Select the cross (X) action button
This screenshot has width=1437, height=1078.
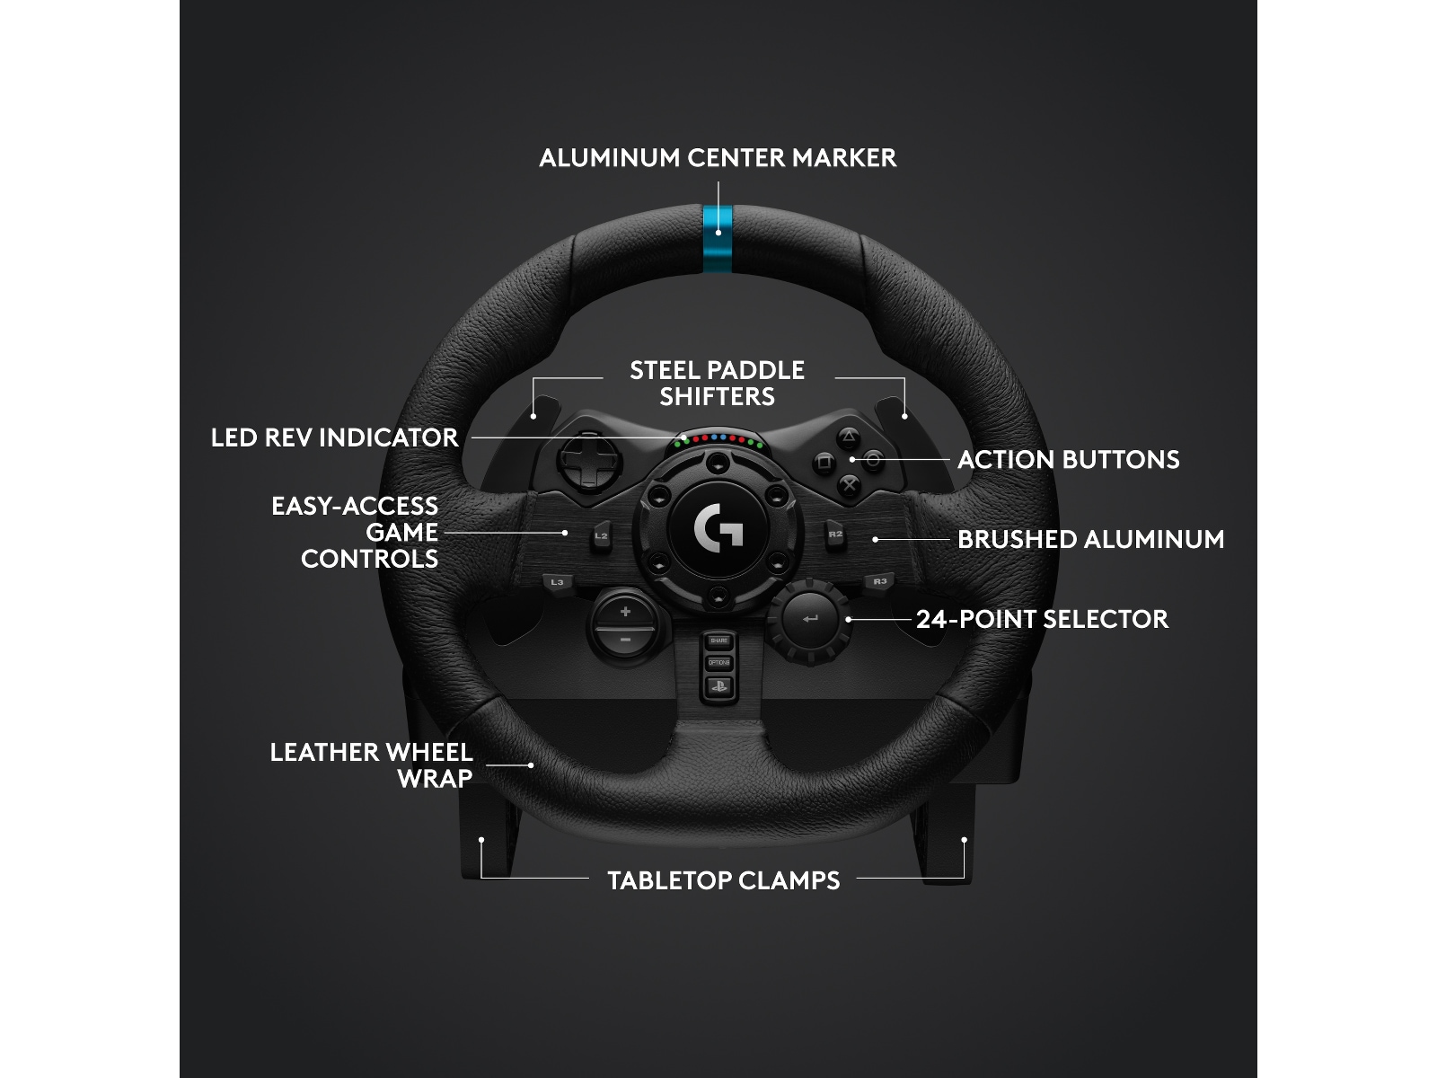[x=848, y=485]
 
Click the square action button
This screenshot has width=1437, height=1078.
[x=824, y=462]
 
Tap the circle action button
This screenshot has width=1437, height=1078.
[x=872, y=461]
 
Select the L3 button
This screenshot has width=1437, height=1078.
[x=557, y=582]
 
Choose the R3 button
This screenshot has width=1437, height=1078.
[x=879, y=582]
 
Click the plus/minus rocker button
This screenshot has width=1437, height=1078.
[x=625, y=625]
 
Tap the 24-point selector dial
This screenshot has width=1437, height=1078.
[x=809, y=620]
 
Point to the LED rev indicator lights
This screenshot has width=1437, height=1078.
[x=718, y=439]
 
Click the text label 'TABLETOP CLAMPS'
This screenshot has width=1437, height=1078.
[x=723, y=880]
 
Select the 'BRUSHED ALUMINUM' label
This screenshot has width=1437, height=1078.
[x=1090, y=539]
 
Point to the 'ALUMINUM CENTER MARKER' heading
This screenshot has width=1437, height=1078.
[x=718, y=158]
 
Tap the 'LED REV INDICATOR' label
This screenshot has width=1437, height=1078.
[x=334, y=437]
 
